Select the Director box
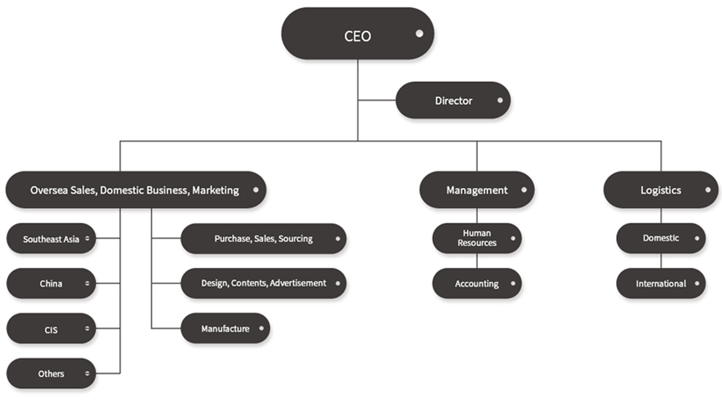[x=453, y=101]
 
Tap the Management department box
[x=477, y=190]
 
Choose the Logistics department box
[x=661, y=190]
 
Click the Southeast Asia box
[x=51, y=239]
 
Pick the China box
[x=51, y=283]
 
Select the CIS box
[x=51, y=328]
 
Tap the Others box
[x=51, y=373]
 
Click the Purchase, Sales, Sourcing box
[x=263, y=238]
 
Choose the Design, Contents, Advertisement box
[x=263, y=283]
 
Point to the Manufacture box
[x=225, y=328]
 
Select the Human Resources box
[x=477, y=238]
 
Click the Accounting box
[x=477, y=283]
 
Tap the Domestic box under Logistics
[x=661, y=238]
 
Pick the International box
[x=661, y=283]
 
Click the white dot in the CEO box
[x=419, y=34]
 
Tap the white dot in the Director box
[x=500, y=100]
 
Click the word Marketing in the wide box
[x=216, y=190]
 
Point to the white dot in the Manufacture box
[x=261, y=328]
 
